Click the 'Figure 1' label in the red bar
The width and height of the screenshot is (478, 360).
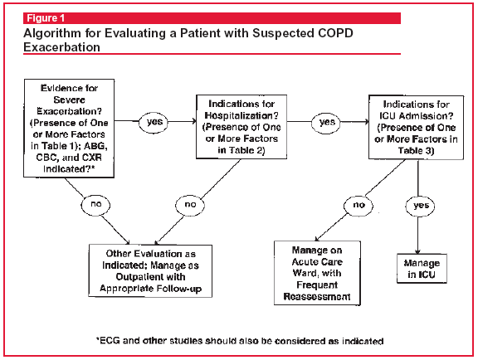(46, 18)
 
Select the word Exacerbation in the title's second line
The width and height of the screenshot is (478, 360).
(62, 47)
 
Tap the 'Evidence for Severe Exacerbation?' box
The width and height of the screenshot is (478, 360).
(69, 129)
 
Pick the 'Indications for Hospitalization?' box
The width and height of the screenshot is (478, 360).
(241, 127)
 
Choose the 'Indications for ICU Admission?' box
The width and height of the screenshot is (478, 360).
(416, 128)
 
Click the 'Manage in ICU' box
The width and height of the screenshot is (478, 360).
(422, 269)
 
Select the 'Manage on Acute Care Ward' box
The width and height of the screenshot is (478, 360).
(317, 273)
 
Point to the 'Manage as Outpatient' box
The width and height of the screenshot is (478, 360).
(150, 271)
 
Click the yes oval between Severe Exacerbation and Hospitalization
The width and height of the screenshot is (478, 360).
(154, 122)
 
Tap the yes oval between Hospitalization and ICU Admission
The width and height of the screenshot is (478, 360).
(326, 122)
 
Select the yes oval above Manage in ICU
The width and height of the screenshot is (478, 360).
(421, 206)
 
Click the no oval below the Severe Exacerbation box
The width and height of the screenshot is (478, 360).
(95, 205)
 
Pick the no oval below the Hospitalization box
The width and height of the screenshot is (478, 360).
(190, 205)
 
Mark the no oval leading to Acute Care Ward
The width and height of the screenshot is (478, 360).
(358, 206)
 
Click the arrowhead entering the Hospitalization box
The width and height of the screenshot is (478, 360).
(193, 122)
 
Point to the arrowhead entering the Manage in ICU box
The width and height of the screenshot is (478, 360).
(417, 251)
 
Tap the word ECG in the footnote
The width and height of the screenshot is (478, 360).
(110, 340)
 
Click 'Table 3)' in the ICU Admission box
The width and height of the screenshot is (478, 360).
(416, 151)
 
